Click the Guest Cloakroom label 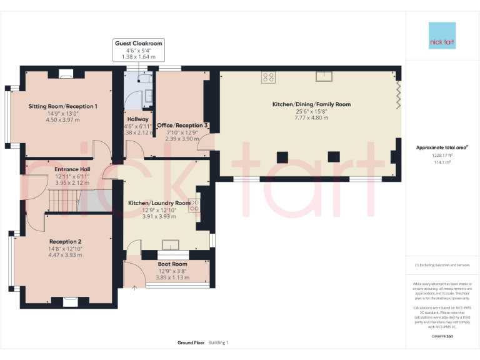(138, 43)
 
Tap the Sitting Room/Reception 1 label (62, 106)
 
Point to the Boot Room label (169, 264)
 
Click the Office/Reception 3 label (182, 126)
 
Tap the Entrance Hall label (72, 169)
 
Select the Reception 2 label (66, 241)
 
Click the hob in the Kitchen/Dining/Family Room (269, 77)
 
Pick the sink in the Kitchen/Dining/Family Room (324, 77)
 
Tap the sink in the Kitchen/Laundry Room (170, 244)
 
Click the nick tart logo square (442, 36)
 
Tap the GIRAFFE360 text (442, 336)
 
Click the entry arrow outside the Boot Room (135, 288)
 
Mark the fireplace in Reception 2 (69, 302)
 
